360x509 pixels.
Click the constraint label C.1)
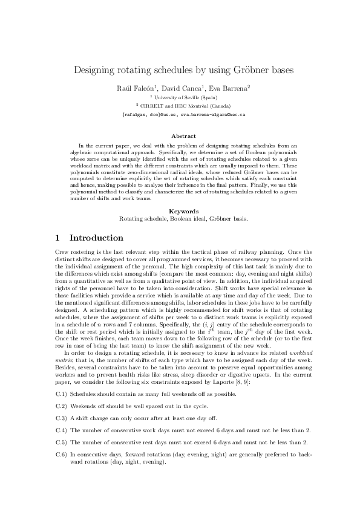point(61,394)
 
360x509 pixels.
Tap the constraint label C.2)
point(61,406)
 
